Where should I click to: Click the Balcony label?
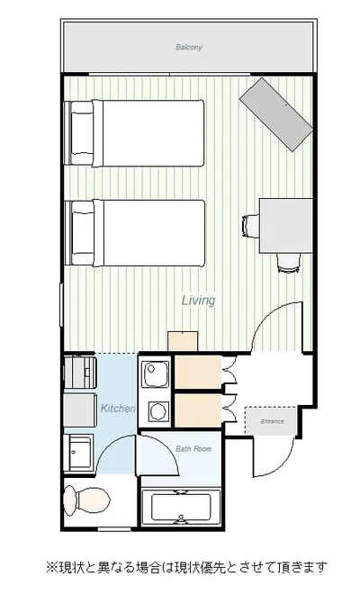[x=189, y=48]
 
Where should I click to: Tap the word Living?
[x=198, y=301]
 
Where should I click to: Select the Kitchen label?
[x=118, y=408]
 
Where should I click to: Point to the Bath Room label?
[x=193, y=449]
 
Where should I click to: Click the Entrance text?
[x=273, y=421]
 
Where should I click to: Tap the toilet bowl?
[x=86, y=500]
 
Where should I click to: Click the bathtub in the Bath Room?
[x=181, y=508]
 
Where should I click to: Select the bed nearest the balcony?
[x=134, y=133]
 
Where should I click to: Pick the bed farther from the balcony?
[x=134, y=233]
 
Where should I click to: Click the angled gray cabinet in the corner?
[x=275, y=114]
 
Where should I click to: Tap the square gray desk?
[x=285, y=225]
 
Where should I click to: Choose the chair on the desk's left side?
[x=251, y=226]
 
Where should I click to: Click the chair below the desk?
[x=289, y=263]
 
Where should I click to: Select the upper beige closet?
[x=198, y=373]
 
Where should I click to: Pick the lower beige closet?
[x=198, y=410]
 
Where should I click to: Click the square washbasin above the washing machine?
[x=156, y=374]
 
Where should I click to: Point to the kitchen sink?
[x=80, y=454]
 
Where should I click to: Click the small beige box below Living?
[x=183, y=341]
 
